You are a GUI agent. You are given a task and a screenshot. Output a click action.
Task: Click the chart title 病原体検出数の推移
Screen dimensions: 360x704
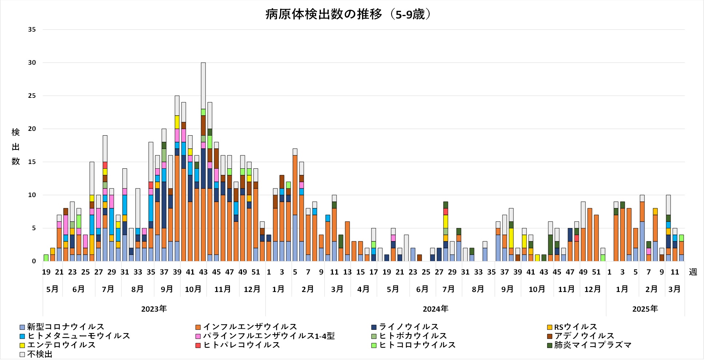click(x=348, y=15)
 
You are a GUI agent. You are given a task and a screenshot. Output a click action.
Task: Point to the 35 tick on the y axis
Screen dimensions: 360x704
click(x=32, y=29)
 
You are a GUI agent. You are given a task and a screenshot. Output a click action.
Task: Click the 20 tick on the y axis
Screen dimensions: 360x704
click(x=32, y=129)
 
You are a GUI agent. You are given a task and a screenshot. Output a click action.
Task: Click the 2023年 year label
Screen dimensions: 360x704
click(x=154, y=309)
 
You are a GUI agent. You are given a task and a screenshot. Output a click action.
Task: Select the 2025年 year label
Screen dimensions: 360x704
click(x=645, y=309)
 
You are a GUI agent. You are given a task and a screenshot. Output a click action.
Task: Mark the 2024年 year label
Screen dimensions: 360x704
click(x=435, y=309)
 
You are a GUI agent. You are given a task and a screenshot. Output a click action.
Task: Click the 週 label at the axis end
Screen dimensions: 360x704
click(x=693, y=272)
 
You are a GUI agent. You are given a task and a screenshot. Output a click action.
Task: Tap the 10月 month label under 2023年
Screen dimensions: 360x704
click(x=193, y=289)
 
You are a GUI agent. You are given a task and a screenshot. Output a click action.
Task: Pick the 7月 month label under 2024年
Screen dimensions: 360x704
click(x=449, y=289)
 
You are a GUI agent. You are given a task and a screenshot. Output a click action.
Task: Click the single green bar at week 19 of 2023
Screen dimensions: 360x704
click(x=46, y=258)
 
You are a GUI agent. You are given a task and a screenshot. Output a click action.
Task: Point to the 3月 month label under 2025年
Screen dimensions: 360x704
click(x=675, y=289)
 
